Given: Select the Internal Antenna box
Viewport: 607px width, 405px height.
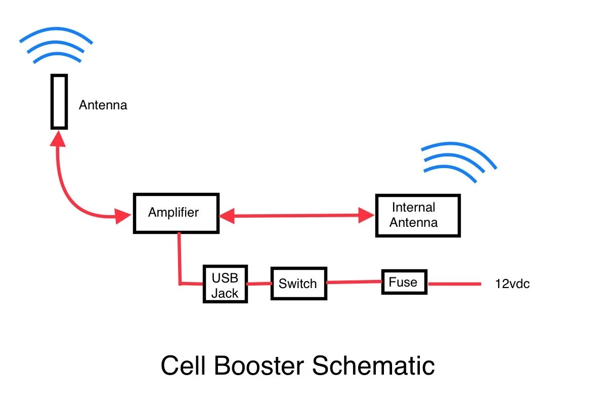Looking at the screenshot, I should pyautogui.click(x=417, y=216).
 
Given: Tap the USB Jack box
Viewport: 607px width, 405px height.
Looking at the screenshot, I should pyautogui.click(x=225, y=284).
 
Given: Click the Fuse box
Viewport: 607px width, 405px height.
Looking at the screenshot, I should pyautogui.click(x=404, y=282).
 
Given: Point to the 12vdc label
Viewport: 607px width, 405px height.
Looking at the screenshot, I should pyautogui.click(x=512, y=284).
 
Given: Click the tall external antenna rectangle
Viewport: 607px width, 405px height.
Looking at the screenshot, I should pyautogui.click(x=59, y=101).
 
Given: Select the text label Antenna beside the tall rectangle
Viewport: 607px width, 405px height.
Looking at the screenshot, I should pyautogui.click(x=103, y=105).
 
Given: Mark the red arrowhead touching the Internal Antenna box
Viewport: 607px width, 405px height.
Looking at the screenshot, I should pyautogui.click(x=366, y=215).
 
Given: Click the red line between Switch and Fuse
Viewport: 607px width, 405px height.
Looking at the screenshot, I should pyautogui.click(x=354, y=282).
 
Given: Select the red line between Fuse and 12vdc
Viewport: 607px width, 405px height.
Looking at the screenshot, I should pyautogui.click(x=454, y=284).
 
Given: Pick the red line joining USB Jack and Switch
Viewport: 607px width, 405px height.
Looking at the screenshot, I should pyautogui.click(x=259, y=283).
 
